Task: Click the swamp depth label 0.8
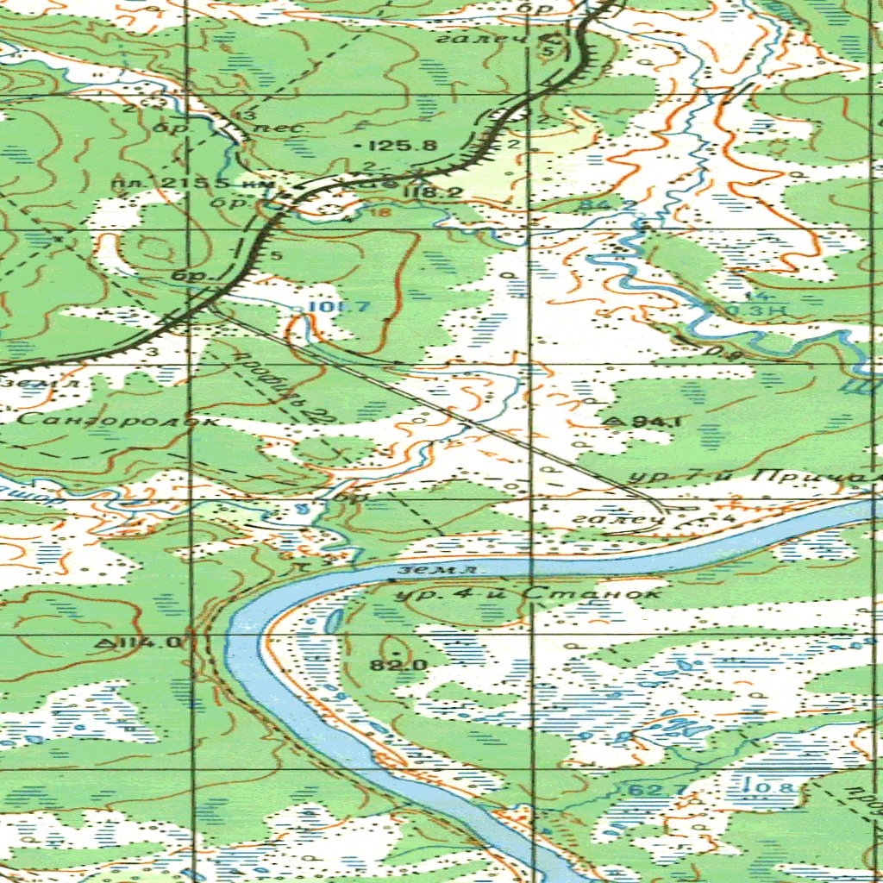764,786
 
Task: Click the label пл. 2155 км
193,184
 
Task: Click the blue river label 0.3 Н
747,309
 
